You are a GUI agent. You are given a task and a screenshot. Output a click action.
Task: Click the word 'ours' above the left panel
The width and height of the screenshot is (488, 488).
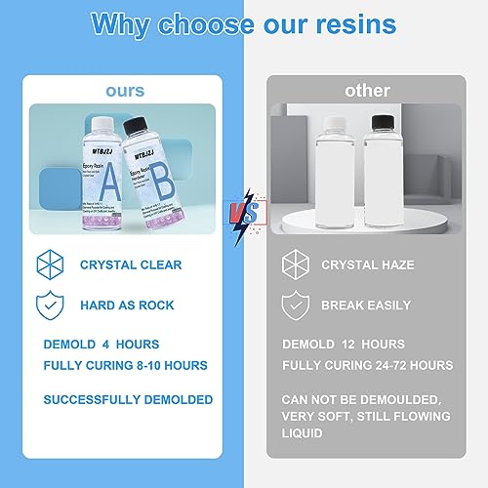[124, 91]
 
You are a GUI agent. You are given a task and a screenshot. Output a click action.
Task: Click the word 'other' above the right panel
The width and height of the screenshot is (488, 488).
[367, 91]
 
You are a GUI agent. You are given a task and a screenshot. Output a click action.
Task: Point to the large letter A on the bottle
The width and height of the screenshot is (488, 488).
[110, 183]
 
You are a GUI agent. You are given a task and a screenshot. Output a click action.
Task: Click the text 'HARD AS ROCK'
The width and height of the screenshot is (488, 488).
[128, 305]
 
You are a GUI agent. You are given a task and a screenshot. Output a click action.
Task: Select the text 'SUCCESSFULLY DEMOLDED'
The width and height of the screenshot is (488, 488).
[129, 399]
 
